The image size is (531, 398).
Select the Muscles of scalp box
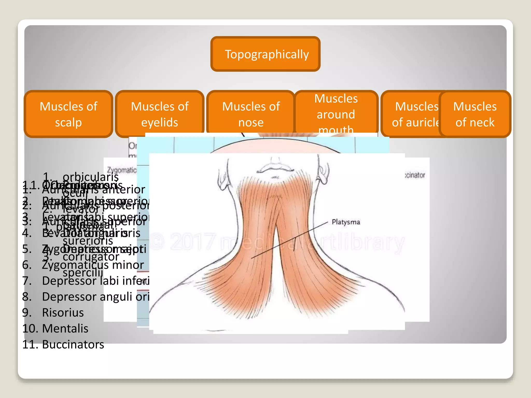(x=68, y=114)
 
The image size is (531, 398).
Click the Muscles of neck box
(x=475, y=114)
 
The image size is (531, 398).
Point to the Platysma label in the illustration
(x=346, y=222)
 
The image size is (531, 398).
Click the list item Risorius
(x=63, y=312)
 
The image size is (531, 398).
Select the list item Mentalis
(x=65, y=329)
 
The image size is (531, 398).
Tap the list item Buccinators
(x=73, y=344)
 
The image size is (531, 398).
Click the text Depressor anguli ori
(x=96, y=297)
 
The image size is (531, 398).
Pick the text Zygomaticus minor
(x=93, y=265)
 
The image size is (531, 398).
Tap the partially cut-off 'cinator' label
(x=415, y=175)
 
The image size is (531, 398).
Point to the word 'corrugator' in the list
(x=91, y=257)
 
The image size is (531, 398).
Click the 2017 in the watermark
(x=193, y=241)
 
